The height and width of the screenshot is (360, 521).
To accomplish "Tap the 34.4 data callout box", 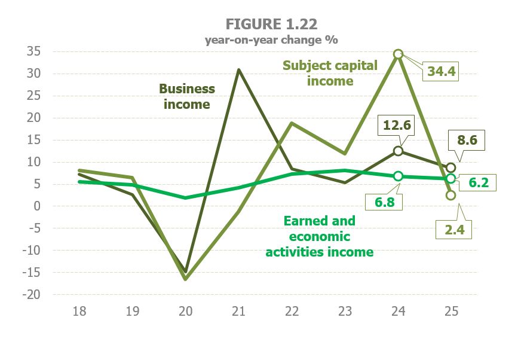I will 442,72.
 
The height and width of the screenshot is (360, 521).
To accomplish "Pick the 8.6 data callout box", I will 467,142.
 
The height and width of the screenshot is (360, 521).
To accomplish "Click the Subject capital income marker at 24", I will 398,54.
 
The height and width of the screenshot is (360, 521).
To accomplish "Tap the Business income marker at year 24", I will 398,151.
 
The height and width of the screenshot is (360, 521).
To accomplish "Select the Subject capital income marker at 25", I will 451,195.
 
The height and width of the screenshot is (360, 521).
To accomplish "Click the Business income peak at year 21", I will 238,69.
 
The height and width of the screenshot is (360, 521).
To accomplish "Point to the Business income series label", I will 186,96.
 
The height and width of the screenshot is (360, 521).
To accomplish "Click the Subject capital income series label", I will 330,73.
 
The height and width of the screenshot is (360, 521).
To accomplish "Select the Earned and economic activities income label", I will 319,236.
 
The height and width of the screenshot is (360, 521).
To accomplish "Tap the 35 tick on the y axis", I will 33,51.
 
